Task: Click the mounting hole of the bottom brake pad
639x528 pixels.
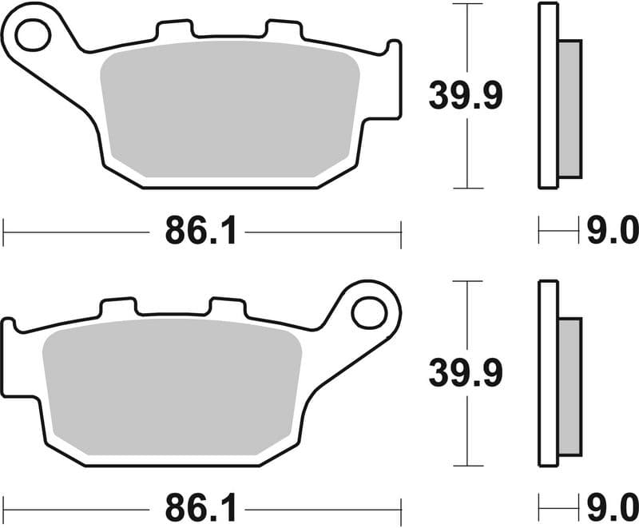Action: (x=368, y=312)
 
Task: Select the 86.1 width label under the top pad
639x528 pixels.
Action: (x=201, y=232)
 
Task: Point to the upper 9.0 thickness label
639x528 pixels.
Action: (x=613, y=232)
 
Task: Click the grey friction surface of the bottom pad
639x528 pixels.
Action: (x=172, y=391)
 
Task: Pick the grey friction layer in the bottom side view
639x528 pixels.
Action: (x=570, y=385)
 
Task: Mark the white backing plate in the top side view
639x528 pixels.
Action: (x=548, y=96)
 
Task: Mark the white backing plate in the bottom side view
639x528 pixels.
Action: (x=548, y=373)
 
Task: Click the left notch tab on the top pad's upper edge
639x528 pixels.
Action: (x=175, y=30)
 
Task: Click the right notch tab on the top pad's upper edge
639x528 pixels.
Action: (x=282, y=30)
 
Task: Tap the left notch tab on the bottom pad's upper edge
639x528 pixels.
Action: (x=117, y=307)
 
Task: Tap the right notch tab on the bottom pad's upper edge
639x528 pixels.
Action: (x=226, y=307)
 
